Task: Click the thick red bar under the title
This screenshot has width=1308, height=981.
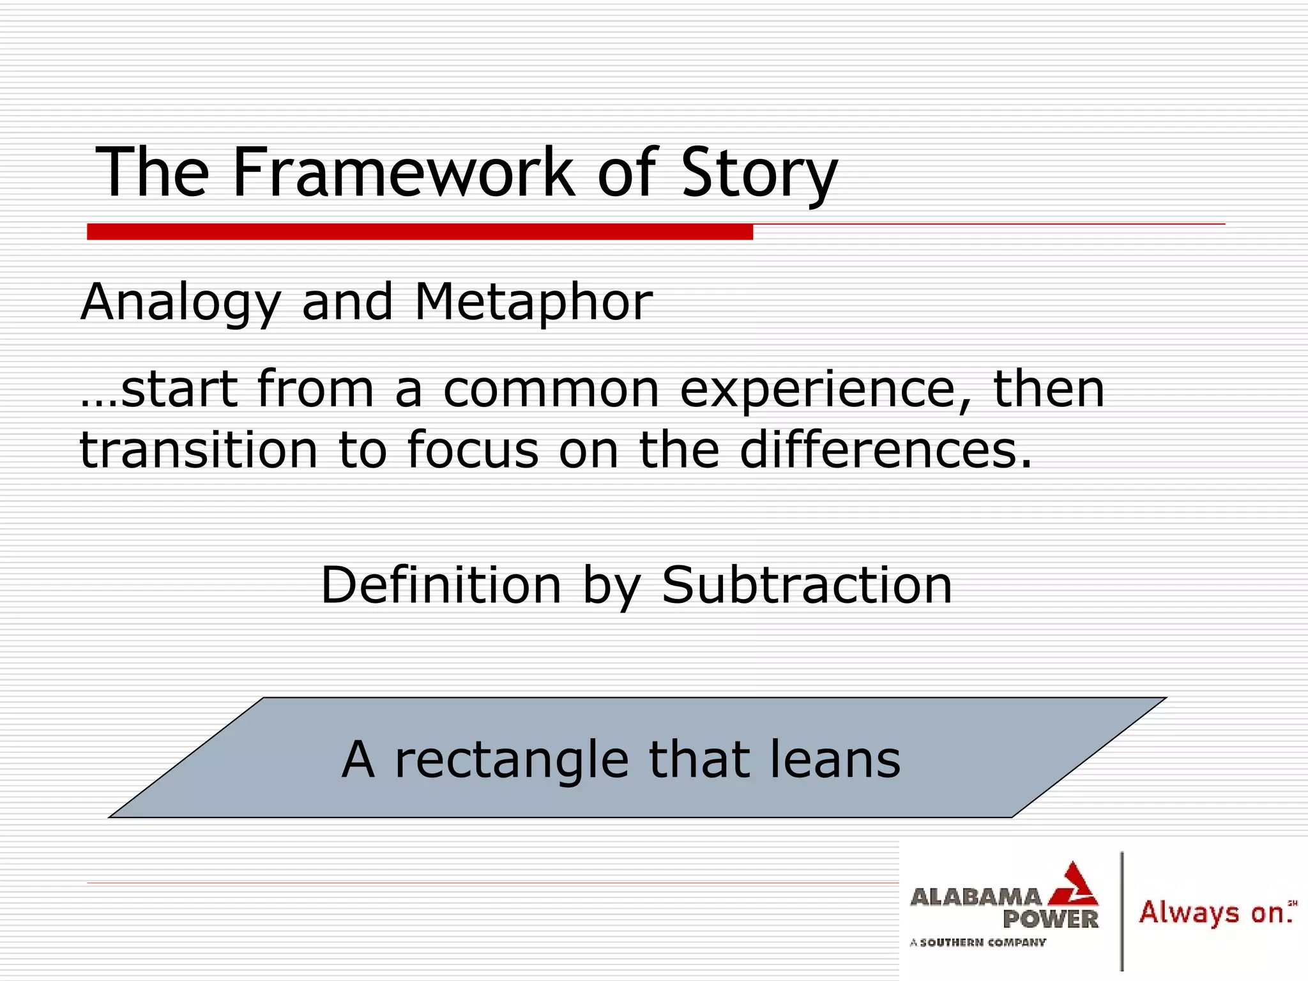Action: [420, 232]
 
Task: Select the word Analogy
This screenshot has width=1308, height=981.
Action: [181, 302]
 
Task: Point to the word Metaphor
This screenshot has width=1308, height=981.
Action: [533, 302]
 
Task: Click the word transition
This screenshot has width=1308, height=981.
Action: [198, 450]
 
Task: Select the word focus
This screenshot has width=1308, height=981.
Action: [473, 450]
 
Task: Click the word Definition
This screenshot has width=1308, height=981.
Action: [441, 585]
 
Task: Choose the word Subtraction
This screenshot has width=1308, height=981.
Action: [807, 585]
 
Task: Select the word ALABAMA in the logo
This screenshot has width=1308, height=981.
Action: [975, 898]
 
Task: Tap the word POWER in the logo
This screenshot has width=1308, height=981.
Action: [1050, 920]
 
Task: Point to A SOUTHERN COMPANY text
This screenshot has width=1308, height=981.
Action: [978, 942]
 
